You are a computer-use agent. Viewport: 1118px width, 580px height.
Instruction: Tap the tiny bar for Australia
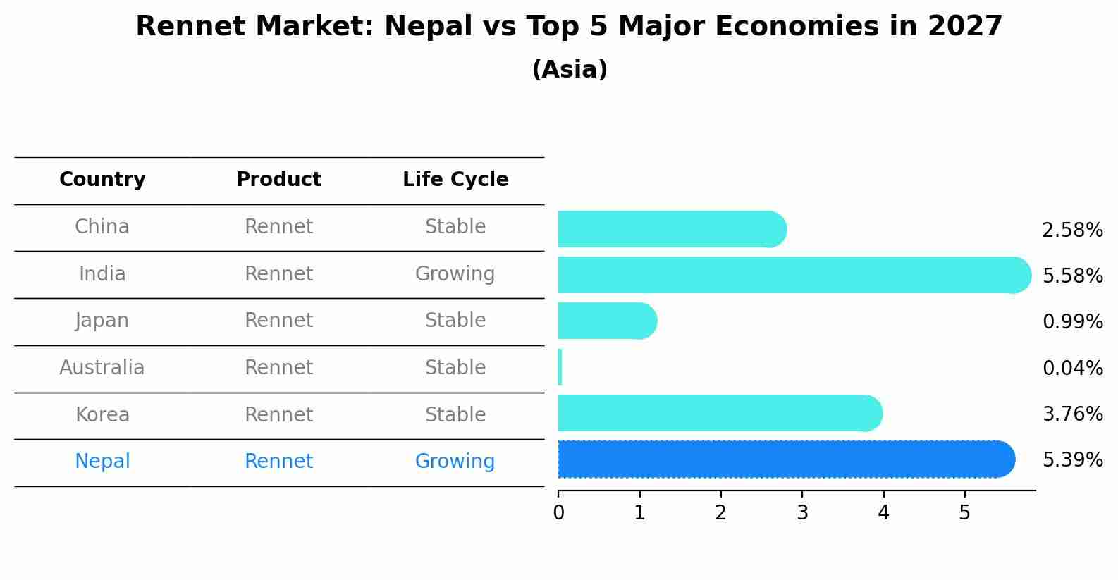pyautogui.click(x=560, y=367)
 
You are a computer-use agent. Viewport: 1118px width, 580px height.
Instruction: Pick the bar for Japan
pyautogui.click(x=607, y=321)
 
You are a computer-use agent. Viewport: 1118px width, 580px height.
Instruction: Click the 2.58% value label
pyautogui.click(x=1072, y=230)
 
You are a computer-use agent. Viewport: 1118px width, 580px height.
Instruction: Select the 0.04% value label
pyautogui.click(x=1072, y=368)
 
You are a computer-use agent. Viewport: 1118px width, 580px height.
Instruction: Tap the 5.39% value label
pyautogui.click(x=1072, y=460)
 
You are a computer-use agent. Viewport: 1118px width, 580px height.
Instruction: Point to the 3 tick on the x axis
pyautogui.click(x=802, y=512)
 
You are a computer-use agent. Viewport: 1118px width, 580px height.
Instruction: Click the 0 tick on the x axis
pyautogui.click(x=558, y=512)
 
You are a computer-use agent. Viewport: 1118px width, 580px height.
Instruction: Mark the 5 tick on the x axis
pyautogui.click(x=964, y=512)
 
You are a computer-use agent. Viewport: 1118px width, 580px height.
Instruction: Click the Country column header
pyautogui.click(x=102, y=180)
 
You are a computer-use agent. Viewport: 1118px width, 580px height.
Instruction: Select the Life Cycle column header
pyautogui.click(x=455, y=180)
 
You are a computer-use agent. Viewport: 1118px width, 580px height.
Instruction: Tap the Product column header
pyautogui.click(x=278, y=180)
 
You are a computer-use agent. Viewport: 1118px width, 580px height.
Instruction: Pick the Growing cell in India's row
pyautogui.click(x=455, y=273)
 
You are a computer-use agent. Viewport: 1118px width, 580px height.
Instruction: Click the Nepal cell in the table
pyautogui.click(x=102, y=461)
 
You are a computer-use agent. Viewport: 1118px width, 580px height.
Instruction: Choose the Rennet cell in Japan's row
pyautogui.click(x=278, y=321)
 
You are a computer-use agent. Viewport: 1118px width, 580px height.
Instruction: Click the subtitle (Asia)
pyautogui.click(x=570, y=70)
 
